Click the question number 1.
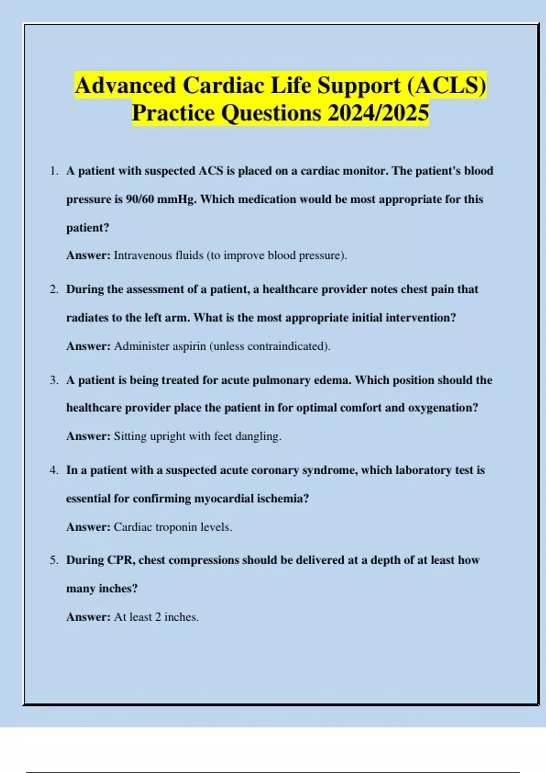(54, 171)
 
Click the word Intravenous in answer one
(143, 256)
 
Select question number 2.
(54, 289)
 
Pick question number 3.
(54, 380)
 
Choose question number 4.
(54, 470)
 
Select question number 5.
(54, 560)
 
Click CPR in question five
(121, 560)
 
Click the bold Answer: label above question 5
(88, 527)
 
